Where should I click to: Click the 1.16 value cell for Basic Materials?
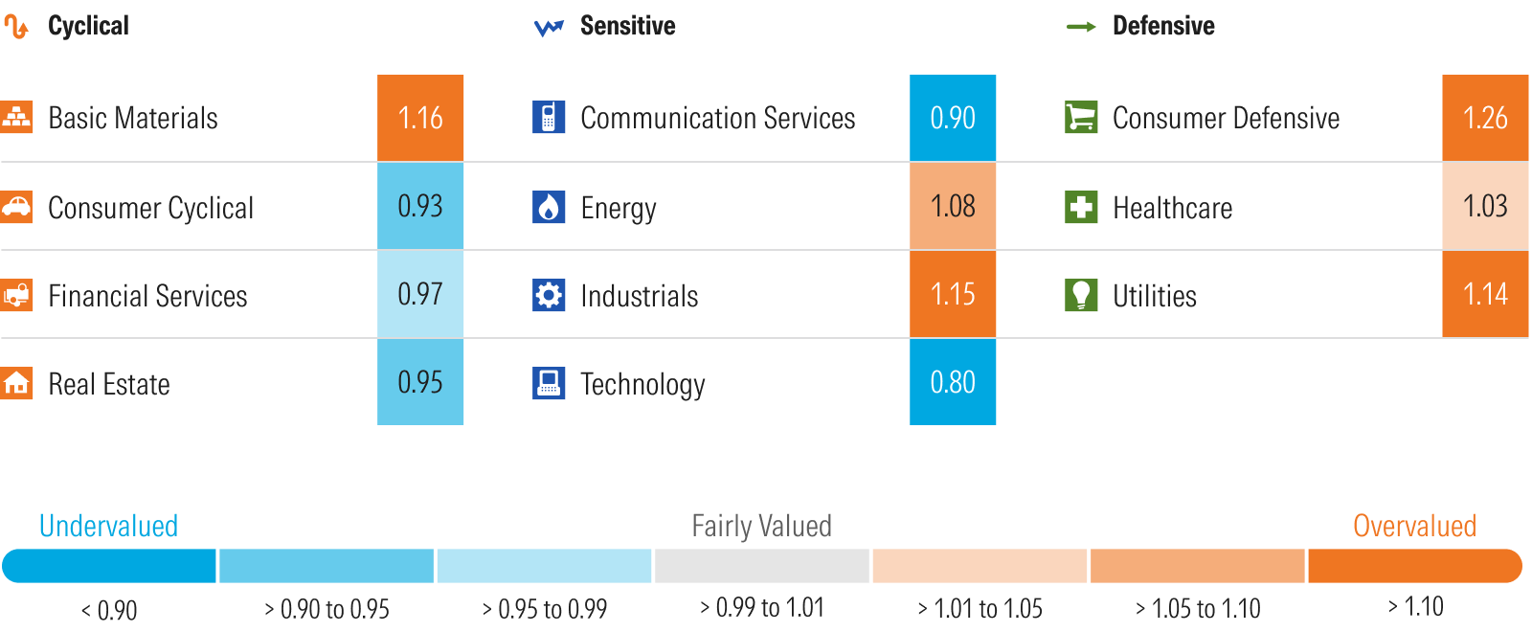(420, 118)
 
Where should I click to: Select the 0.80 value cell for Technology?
(953, 382)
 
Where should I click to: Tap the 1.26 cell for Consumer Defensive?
(1485, 118)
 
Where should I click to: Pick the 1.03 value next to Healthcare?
(1485, 206)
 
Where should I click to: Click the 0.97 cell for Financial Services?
(420, 294)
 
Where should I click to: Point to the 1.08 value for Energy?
(953, 206)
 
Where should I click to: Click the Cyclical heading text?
(88, 26)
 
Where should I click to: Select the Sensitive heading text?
(627, 26)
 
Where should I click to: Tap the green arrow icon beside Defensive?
(1081, 27)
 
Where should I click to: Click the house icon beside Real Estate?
(16, 383)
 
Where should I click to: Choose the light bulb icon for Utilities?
(1081, 295)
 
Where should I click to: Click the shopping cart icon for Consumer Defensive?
(1081, 118)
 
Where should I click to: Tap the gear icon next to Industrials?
(549, 295)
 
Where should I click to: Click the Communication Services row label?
(717, 118)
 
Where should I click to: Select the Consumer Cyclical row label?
(150, 208)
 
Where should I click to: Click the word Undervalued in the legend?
(108, 526)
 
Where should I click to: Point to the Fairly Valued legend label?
(761, 526)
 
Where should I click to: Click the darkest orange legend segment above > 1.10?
(1414, 566)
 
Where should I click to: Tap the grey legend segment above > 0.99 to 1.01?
(761, 566)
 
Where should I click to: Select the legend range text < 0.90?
(109, 610)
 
